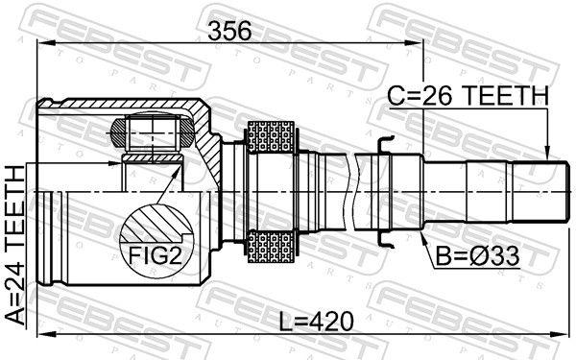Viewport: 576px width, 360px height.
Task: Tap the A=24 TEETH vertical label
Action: pos(16,246)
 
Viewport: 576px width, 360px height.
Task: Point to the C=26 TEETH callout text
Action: pos(468,95)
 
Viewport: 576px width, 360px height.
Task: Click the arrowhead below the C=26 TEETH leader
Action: pos(546,154)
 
